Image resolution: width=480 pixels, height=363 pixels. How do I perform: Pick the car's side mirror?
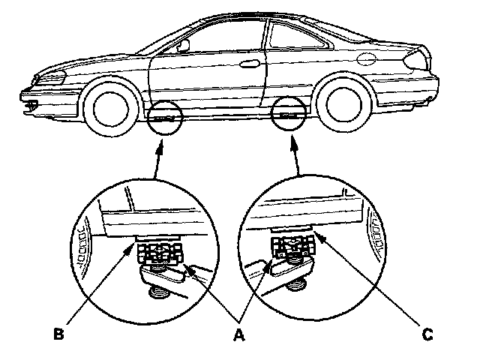[x=182, y=46]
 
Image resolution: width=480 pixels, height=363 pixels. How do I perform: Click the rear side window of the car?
[x=300, y=37]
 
